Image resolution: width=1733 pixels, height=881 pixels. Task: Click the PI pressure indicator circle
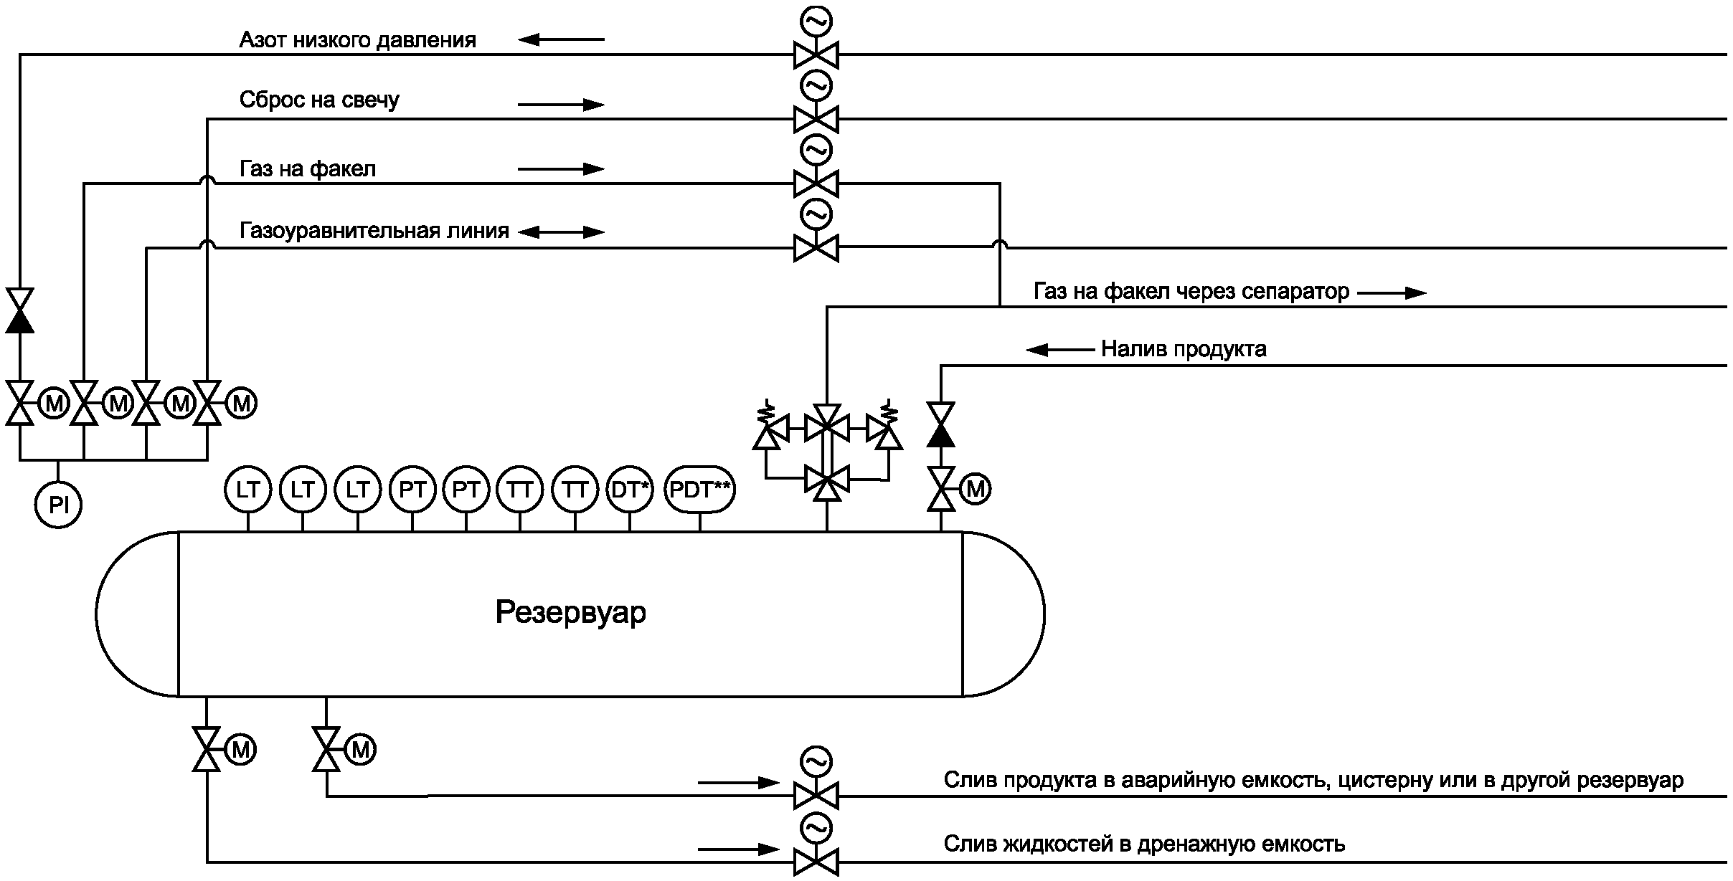click(x=58, y=505)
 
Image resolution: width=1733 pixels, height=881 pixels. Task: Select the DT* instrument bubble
click(x=630, y=490)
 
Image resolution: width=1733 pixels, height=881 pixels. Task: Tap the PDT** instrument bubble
click(x=699, y=490)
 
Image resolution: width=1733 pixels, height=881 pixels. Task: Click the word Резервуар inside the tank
click(x=570, y=613)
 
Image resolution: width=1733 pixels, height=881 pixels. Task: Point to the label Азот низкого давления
click(x=357, y=40)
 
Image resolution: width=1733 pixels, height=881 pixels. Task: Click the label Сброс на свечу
click(x=319, y=100)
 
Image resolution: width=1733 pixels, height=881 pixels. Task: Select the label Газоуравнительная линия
click(x=374, y=231)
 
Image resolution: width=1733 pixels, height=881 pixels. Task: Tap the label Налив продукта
click(x=1184, y=349)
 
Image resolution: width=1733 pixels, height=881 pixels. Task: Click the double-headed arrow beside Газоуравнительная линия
click(x=561, y=232)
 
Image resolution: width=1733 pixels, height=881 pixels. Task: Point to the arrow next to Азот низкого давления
click(x=561, y=39)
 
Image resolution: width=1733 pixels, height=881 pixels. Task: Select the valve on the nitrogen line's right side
click(x=816, y=54)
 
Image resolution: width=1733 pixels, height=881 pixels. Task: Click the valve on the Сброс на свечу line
click(x=816, y=119)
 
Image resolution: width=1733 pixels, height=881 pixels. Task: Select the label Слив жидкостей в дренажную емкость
click(x=1144, y=844)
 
